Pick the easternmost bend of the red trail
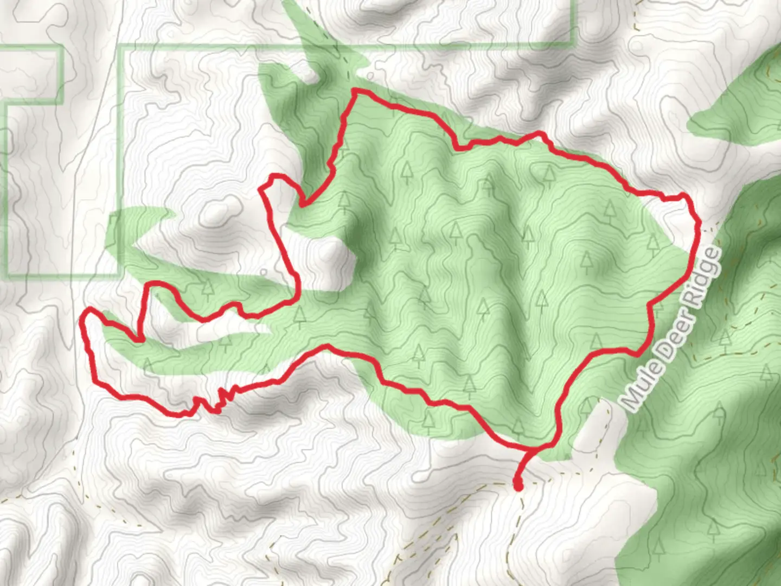tap(699, 222)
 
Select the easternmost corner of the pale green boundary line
tap(573, 43)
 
